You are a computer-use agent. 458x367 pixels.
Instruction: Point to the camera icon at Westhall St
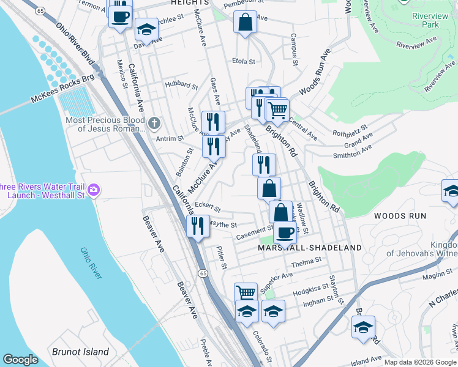94,191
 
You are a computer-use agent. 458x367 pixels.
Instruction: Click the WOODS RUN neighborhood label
398,216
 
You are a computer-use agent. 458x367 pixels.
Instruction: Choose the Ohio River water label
91,264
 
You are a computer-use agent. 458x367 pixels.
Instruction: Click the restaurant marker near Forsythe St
198,226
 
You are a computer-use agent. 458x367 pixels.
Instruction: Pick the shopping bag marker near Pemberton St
245,23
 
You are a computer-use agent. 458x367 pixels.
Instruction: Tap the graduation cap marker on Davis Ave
146,29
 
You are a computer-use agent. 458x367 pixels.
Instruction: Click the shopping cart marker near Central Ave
277,110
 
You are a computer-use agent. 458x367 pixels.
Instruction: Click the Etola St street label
244,61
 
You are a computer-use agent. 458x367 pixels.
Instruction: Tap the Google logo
20,360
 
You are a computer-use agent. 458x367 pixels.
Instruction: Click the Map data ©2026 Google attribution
419,362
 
